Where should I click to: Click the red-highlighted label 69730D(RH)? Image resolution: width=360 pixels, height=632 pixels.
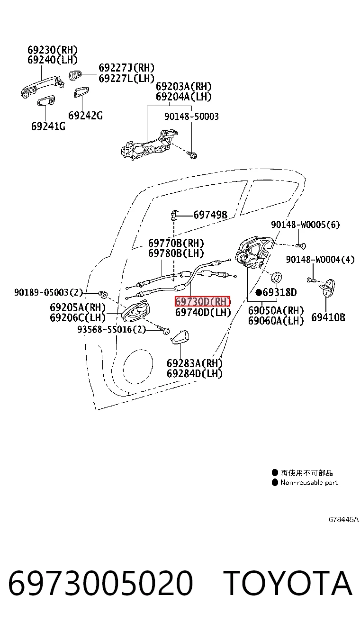click(x=203, y=302)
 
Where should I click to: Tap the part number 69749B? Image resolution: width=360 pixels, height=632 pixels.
click(x=210, y=215)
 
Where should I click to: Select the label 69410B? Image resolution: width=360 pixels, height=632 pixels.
click(x=328, y=317)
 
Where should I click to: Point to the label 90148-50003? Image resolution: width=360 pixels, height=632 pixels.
click(x=191, y=116)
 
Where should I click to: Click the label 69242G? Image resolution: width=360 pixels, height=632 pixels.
click(x=85, y=116)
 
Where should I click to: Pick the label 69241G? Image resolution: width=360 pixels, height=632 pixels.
click(x=48, y=126)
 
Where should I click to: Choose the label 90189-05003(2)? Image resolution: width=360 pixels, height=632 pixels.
click(x=48, y=292)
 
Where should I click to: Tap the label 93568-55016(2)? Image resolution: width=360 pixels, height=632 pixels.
click(x=111, y=329)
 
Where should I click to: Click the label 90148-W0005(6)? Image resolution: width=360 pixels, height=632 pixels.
click(x=306, y=225)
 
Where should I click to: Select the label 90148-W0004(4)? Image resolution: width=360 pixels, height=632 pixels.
click(x=320, y=260)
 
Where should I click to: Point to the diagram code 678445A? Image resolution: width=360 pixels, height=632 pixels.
click(x=343, y=519)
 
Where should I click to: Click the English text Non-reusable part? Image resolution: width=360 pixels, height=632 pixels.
click(x=309, y=482)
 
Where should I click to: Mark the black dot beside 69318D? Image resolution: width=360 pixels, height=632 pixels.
click(x=259, y=292)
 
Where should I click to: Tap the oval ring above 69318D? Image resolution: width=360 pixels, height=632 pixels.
click(x=277, y=277)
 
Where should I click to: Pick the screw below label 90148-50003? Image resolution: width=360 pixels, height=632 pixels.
click(x=192, y=154)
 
